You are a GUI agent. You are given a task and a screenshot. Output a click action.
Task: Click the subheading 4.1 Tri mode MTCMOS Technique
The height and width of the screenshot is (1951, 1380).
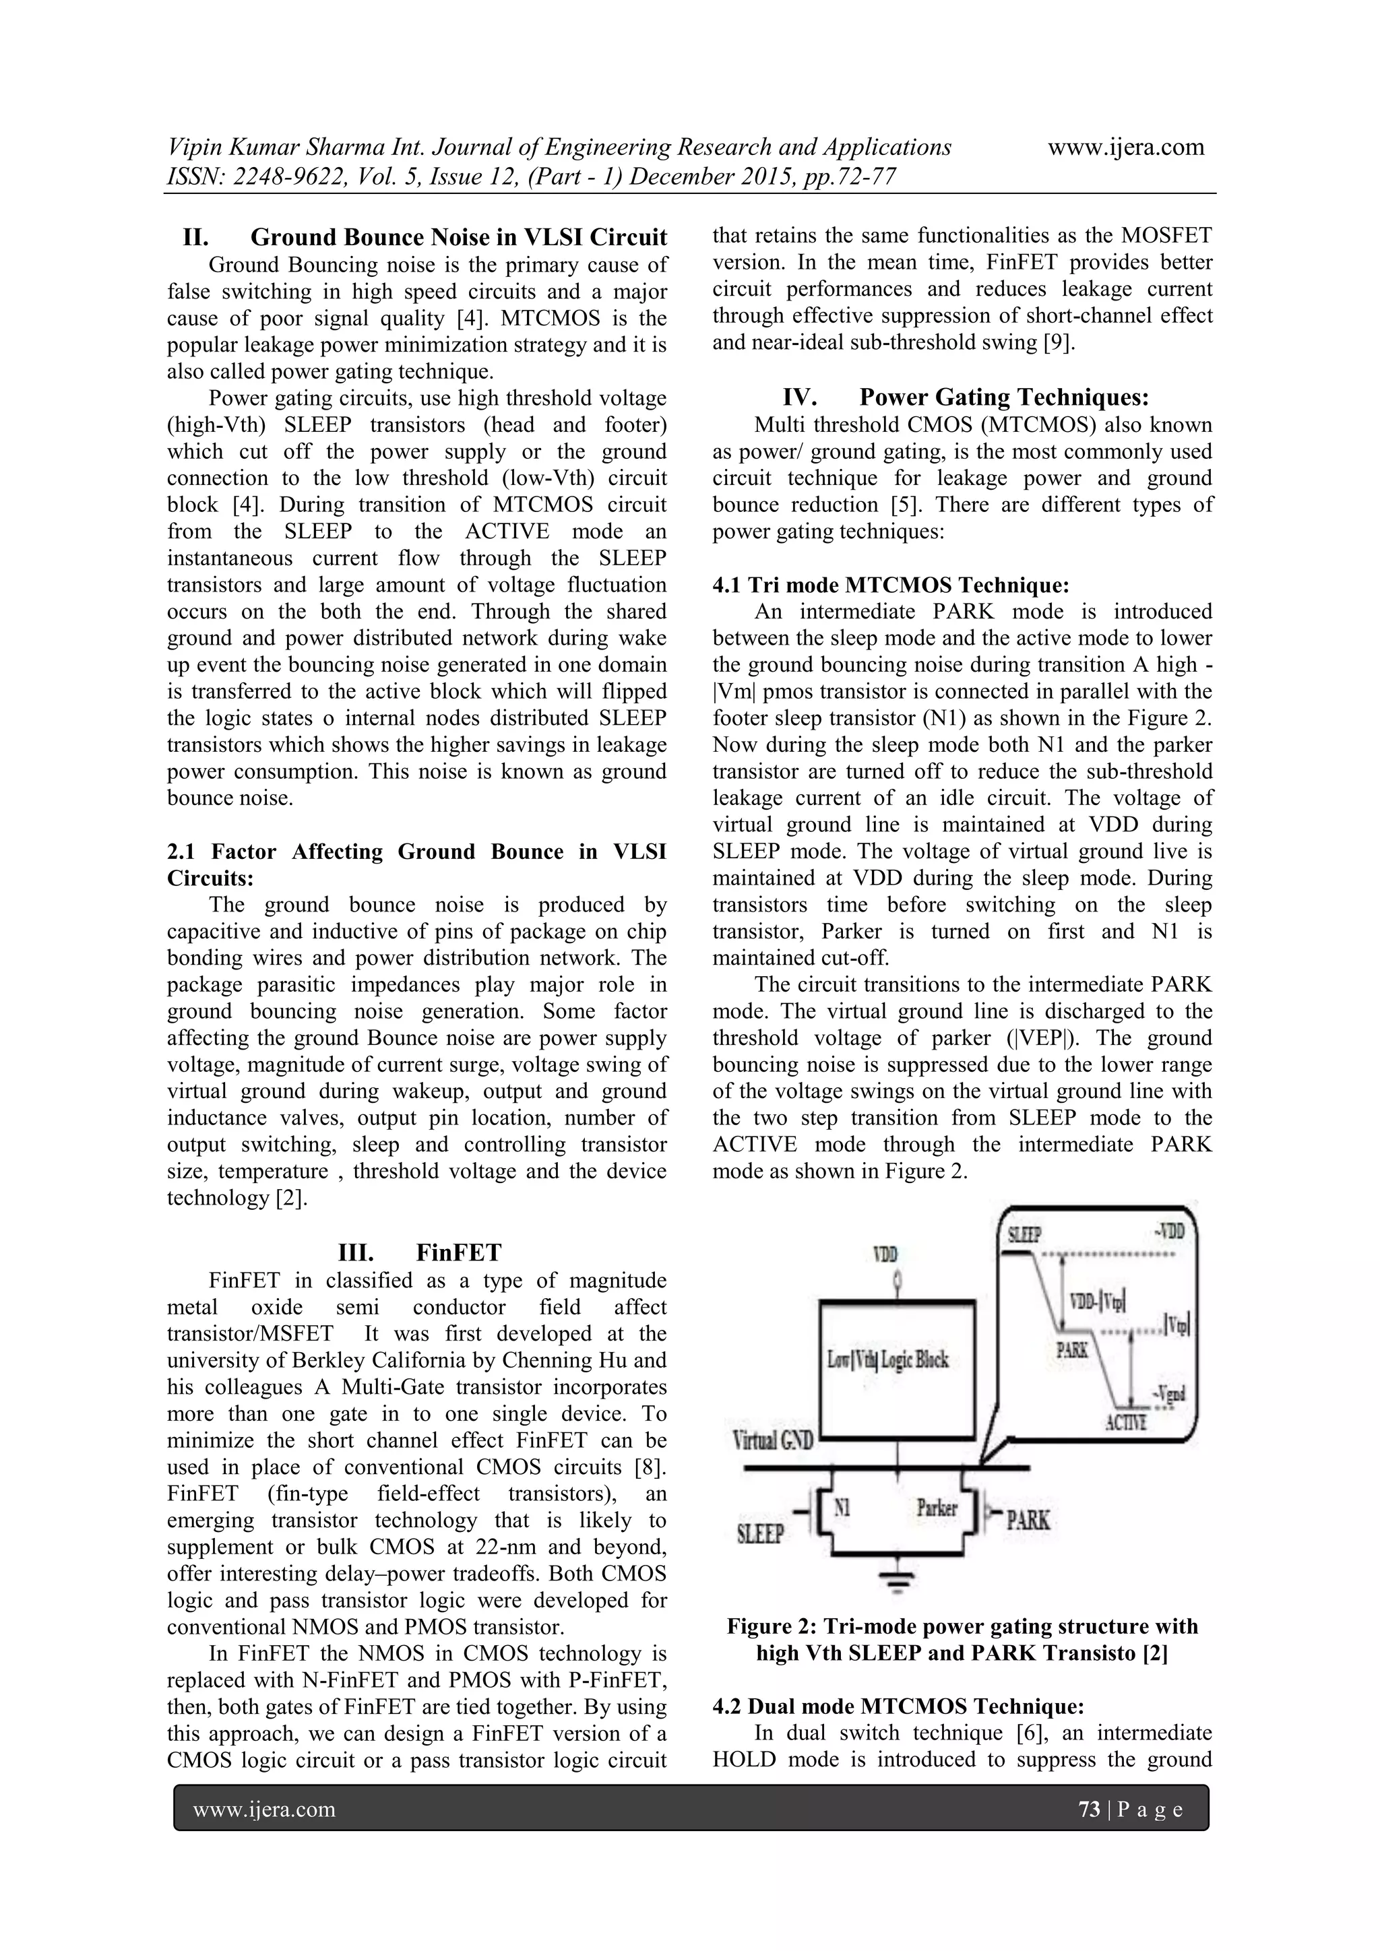[891, 585]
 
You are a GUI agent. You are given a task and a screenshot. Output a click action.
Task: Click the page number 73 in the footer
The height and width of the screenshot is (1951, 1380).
[1088, 1810]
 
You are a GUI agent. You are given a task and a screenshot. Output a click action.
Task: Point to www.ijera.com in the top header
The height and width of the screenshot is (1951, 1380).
[1125, 147]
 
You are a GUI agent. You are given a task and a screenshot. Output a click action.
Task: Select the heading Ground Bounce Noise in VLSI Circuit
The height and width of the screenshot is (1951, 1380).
[425, 236]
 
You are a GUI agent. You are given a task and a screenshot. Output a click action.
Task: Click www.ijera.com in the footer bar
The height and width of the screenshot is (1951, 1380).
[264, 1810]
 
